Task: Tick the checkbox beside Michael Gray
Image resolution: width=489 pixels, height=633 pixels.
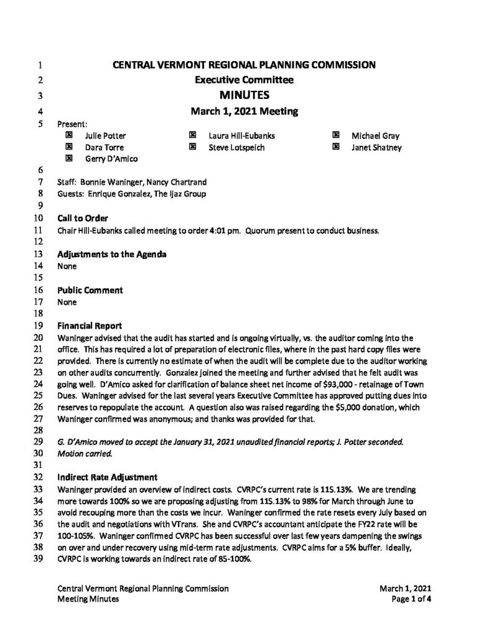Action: [x=336, y=135]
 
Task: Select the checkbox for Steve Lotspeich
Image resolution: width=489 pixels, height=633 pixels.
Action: [x=192, y=147]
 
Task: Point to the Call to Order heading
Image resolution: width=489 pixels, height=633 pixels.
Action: [x=83, y=219]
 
